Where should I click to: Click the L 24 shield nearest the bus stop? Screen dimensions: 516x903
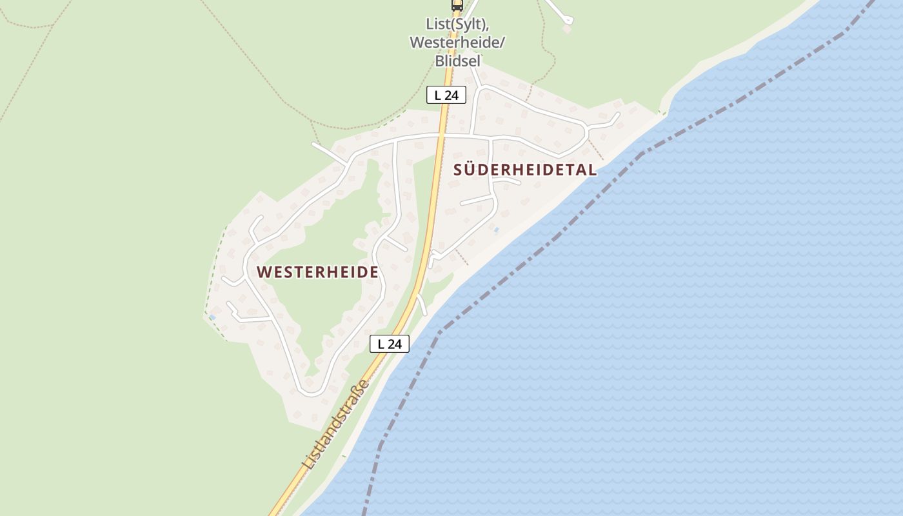click(446, 95)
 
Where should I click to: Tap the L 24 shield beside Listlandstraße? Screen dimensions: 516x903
click(390, 344)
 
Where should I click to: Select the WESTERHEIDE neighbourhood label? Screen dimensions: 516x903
click(317, 272)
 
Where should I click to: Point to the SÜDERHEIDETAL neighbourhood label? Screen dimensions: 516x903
click(524, 170)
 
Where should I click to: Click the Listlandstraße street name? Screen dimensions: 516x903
click(336, 424)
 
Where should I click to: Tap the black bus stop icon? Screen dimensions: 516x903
click(457, 5)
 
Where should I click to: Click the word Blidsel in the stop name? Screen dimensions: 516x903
click(457, 61)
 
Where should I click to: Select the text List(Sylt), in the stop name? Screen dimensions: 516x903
click(457, 24)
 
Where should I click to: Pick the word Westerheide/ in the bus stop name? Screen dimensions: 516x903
click(457, 43)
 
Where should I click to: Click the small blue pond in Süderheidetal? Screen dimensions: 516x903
click(495, 229)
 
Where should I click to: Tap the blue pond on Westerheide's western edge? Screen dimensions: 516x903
click(212, 317)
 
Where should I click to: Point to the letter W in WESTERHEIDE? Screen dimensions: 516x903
click(263, 272)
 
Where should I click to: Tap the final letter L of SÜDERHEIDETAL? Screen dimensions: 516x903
click(592, 170)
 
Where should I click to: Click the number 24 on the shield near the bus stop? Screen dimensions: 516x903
click(451, 95)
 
